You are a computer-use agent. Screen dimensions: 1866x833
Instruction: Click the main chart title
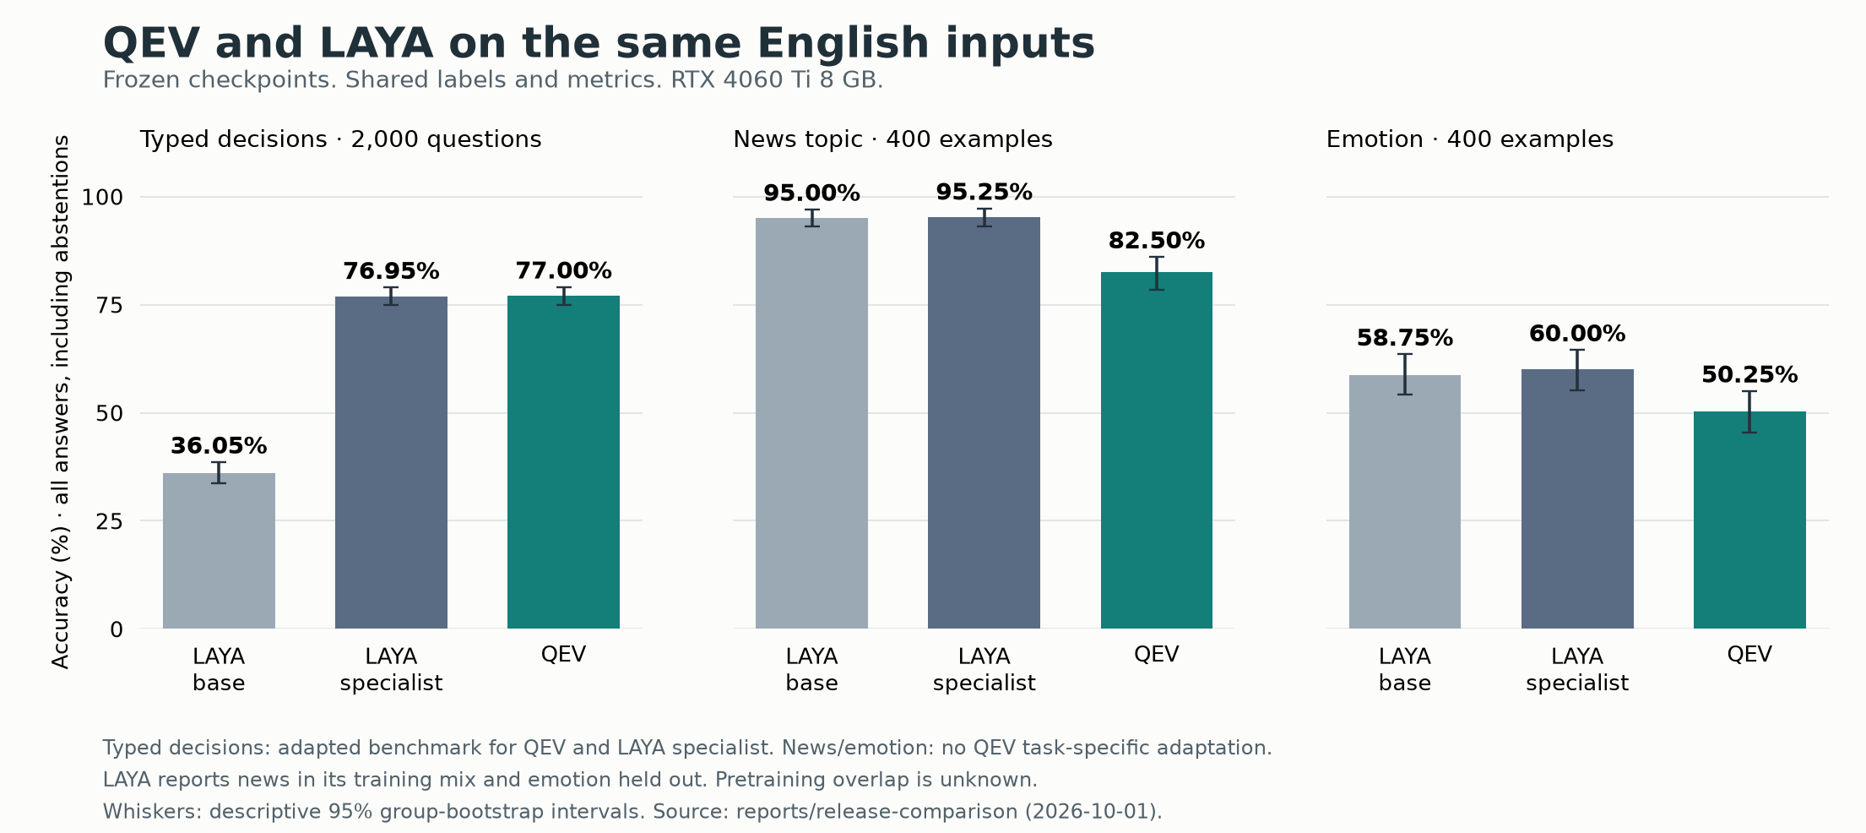pyautogui.click(x=599, y=43)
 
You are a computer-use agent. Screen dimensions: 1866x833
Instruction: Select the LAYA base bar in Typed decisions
pyautogui.click(x=219, y=551)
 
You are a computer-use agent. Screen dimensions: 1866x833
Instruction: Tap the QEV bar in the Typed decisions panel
pyautogui.click(x=563, y=462)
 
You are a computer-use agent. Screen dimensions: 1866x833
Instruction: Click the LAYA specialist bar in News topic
pyautogui.click(x=984, y=422)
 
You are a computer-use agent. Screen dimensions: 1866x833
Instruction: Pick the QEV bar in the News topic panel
pyautogui.click(x=1156, y=450)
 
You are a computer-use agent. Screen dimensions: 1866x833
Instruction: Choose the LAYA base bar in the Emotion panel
pyautogui.click(x=1405, y=502)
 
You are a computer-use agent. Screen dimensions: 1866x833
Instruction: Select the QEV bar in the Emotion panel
pyautogui.click(x=1749, y=520)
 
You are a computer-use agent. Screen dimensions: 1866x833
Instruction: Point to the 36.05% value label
pyautogui.click(x=219, y=445)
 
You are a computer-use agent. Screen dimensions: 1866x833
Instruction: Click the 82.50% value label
pyautogui.click(x=1156, y=241)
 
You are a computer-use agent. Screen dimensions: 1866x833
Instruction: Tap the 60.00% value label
pyautogui.click(x=1577, y=334)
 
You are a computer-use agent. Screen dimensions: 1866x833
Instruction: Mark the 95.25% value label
pyautogui.click(x=984, y=192)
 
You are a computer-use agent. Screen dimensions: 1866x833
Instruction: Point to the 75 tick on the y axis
pyautogui.click(x=110, y=305)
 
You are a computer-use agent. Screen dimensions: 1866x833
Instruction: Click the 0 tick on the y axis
pyautogui.click(x=117, y=629)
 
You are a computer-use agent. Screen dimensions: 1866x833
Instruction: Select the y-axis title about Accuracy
pyautogui.click(x=61, y=402)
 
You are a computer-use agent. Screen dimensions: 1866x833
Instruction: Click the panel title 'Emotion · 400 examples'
pyautogui.click(x=1469, y=139)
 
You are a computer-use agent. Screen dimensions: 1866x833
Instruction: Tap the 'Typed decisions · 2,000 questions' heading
pyautogui.click(x=340, y=139)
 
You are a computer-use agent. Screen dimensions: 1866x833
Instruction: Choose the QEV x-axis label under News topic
pyautogui.click(x=1156, y=655)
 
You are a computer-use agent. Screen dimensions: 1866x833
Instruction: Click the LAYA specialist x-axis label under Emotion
pyautogui.click(x=1577, y=669)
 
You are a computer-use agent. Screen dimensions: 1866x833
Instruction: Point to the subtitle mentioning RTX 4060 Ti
pyautogui.click(x=493, y=80)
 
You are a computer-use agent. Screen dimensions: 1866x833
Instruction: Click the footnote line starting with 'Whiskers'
pyautogui.click(x=632, y=812)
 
